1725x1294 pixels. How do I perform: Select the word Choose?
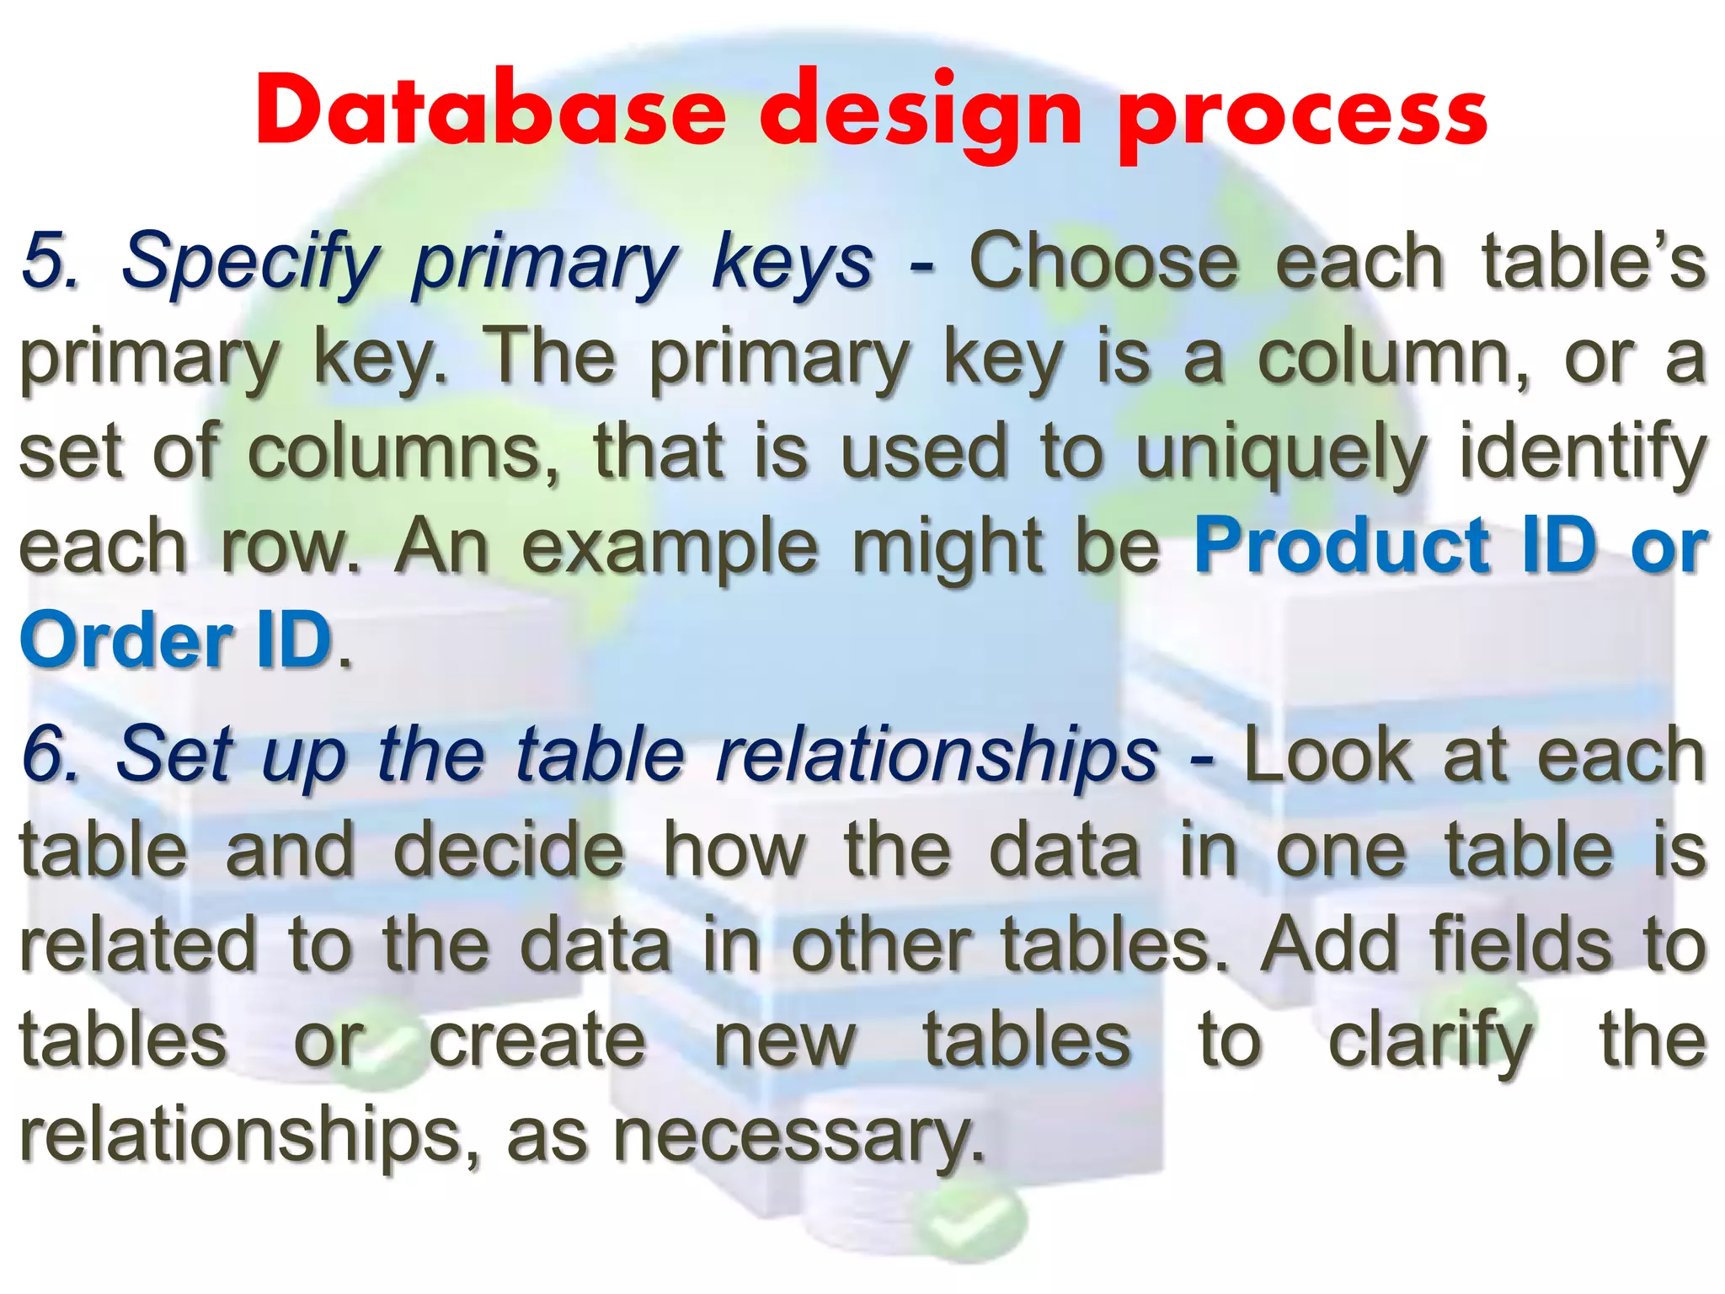tap(1103, 261)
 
